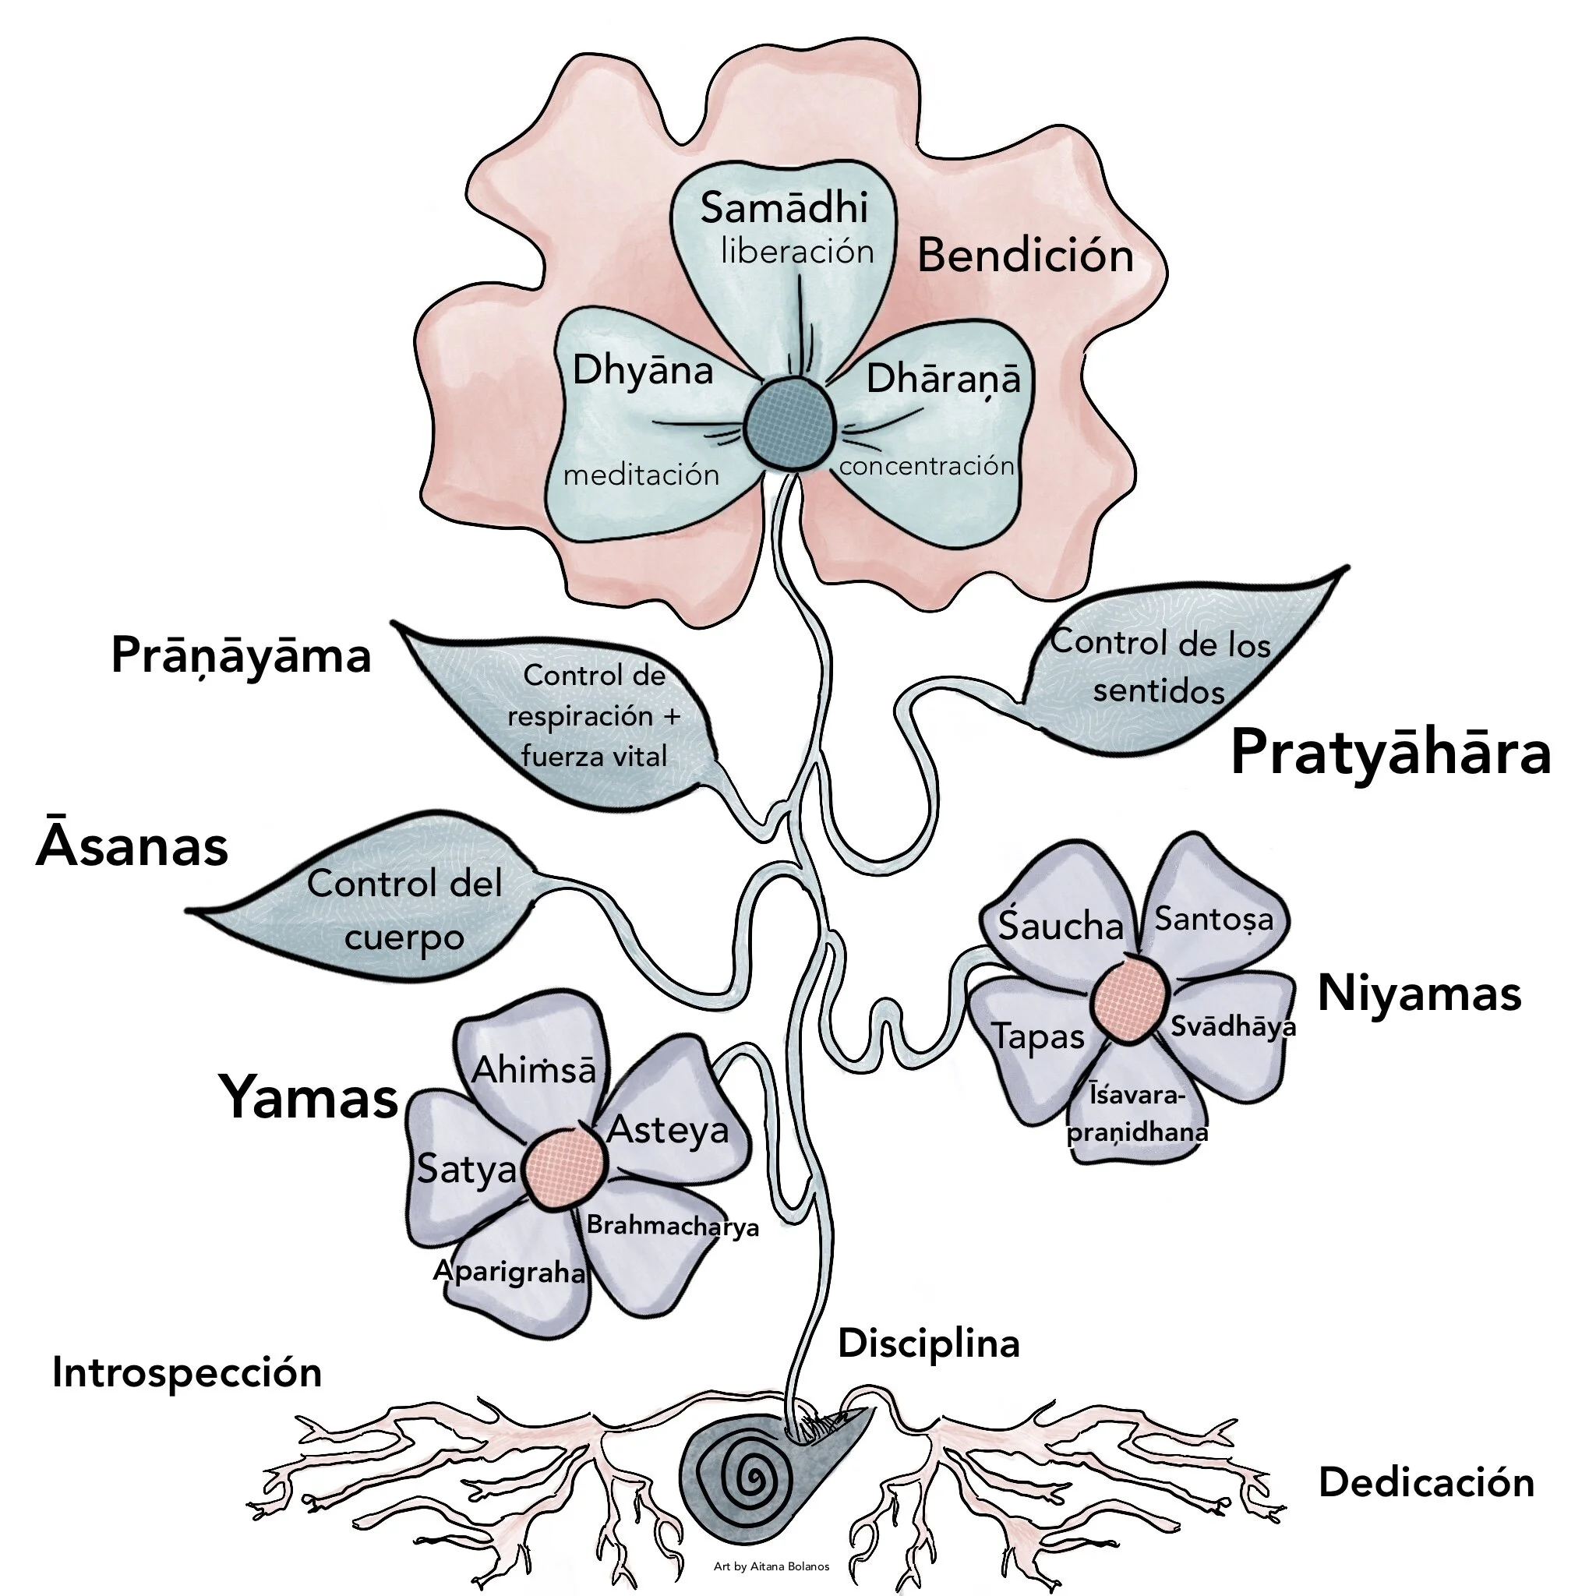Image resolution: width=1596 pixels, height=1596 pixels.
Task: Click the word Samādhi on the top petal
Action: click(784, 208)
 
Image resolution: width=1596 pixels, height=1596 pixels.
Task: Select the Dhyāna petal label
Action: click(643, 371)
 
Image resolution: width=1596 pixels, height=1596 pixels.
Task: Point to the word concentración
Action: click(926, 466)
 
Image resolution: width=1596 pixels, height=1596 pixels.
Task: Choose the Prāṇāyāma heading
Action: click(242, 657)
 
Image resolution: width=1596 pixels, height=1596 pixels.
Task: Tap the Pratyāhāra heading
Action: click(1390, 753)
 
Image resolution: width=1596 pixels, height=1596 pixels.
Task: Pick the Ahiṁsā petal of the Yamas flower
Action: click(534, 1070)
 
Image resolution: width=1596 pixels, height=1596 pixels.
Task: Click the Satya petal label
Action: click(467, 1169)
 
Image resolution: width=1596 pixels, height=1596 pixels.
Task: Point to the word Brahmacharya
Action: click(673, 1225)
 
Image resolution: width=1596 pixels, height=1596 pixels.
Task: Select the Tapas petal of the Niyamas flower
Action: click(1037, 1036)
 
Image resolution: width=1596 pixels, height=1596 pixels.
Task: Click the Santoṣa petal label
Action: click(1213, 919)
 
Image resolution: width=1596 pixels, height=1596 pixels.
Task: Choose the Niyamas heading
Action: click(1419, 993)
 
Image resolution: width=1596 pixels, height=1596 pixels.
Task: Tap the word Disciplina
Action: click(928, 1344)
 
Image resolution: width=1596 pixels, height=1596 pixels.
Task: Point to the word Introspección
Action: click(187, 1373)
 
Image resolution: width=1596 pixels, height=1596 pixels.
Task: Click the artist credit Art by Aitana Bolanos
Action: click(771, 1566)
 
